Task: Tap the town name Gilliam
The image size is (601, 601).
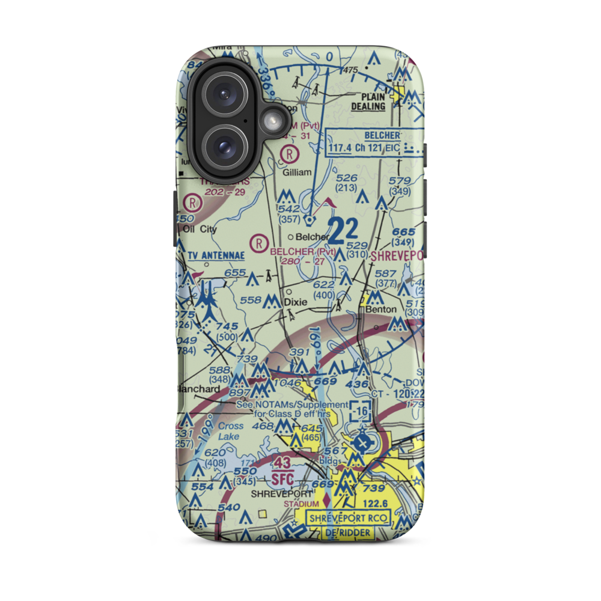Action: tap(297, 172)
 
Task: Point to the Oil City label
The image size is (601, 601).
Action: tap(200, 229)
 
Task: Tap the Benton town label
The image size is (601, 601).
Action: tap(381, 309)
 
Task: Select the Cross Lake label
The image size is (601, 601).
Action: tap(231, 430)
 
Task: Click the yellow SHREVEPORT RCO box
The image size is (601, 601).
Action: tap(349, 518)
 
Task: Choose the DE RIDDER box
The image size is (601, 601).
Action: tap(349, 532)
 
